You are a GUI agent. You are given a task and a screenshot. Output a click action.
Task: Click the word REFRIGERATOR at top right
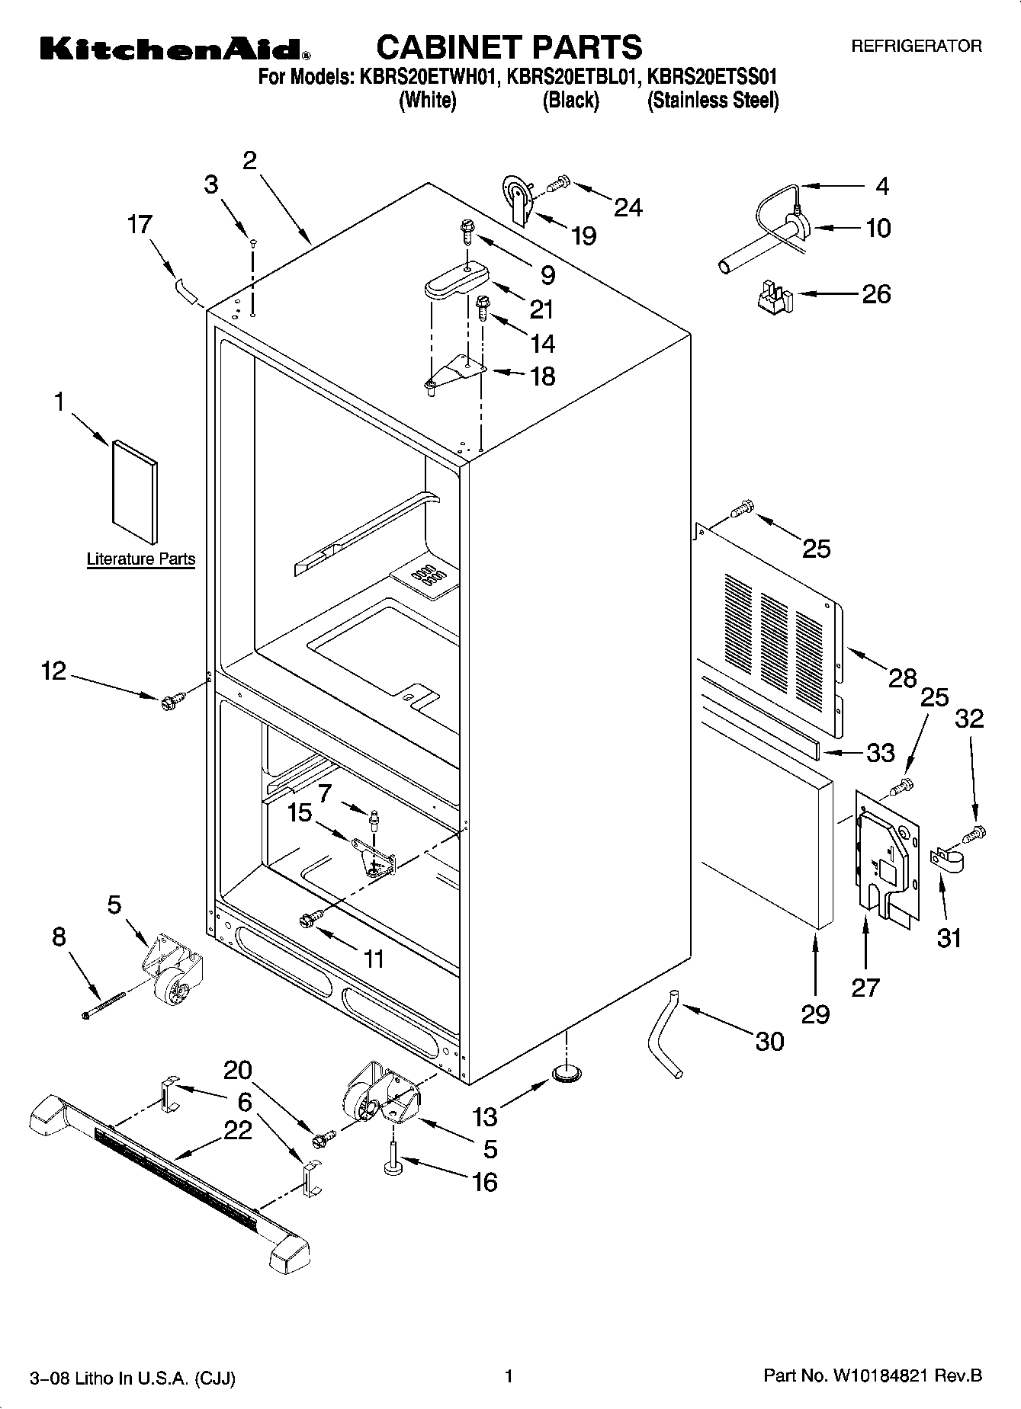click(x=916, y=46)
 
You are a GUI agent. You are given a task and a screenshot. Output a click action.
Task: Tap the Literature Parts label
click(x=140, y=559)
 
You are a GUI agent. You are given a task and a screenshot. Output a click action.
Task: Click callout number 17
click(x=140, y=225)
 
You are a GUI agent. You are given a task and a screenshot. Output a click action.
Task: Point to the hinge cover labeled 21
click(x=455, y=278)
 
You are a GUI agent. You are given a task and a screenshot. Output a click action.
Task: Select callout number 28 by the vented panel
click(x=903, y=677)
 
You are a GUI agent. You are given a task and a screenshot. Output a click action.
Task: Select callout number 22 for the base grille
click(x=237, y=1130)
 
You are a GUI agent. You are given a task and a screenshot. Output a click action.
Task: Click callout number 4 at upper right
click(x=881, y=187)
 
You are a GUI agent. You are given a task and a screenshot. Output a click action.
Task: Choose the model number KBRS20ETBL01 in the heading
click(x=569, y=77)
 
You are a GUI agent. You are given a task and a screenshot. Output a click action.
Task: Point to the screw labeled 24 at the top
click(x=557, y=183)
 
